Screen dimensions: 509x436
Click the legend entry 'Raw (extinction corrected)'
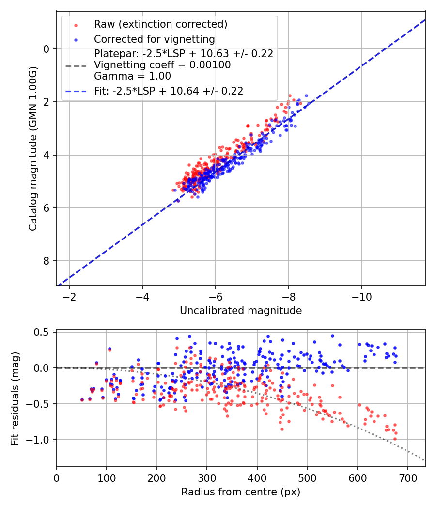(160, 24)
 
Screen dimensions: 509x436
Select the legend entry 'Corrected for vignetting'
(154, 39)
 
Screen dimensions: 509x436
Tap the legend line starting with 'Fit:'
(169, 90)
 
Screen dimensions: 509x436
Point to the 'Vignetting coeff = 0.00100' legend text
(162, 64)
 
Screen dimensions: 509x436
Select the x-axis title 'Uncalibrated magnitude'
(241, 311)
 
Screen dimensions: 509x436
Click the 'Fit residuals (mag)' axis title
(16, 398)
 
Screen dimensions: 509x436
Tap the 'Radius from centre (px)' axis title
(241, 492)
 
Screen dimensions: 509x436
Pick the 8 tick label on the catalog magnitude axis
(46, 261)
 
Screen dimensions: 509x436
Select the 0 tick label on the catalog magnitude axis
(46, 49)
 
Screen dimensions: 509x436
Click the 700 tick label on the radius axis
(407, 478)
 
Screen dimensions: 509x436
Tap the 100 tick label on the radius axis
(107, 478)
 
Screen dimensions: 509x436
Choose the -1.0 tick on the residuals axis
(40, 440)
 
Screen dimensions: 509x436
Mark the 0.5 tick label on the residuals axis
(43, 332)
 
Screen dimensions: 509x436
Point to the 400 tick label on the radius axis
(257, 478)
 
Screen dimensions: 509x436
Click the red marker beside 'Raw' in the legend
(75, 24)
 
